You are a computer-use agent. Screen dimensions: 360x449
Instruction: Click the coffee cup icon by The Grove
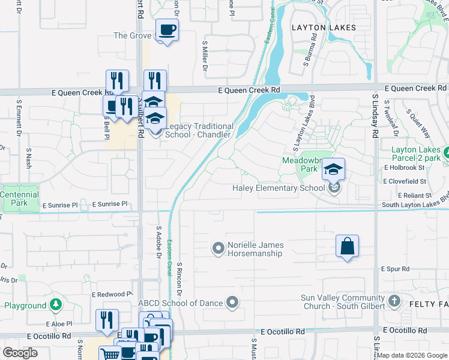167,29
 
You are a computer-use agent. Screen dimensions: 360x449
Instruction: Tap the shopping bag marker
347,246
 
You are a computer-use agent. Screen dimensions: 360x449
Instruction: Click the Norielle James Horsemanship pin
218,247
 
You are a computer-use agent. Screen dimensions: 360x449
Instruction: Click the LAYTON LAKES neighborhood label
324,28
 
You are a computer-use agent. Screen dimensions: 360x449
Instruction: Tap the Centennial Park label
19,199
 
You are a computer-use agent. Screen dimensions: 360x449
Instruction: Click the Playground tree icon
56,305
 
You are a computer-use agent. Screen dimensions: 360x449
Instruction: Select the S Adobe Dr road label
159,244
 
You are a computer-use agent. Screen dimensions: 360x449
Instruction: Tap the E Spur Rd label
395,269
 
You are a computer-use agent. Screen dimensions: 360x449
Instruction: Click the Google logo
20,353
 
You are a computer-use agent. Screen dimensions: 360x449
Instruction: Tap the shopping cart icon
109,355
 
